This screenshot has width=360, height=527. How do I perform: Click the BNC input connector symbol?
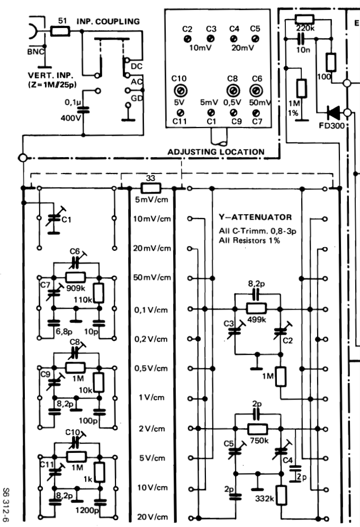coord(33,33)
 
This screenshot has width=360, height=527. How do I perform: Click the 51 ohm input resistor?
coord(60,31)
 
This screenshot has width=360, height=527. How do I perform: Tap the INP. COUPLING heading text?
coord(109,22)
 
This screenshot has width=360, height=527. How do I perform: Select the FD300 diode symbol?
coord(334,112)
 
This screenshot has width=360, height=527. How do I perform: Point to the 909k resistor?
coord(76,276)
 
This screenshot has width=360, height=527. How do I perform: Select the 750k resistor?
coord(258,429)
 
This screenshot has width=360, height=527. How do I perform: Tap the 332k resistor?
coord(282,496)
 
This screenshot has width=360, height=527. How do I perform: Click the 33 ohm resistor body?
coord(150,187)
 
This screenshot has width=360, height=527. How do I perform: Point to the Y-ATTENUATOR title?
coord(255,217)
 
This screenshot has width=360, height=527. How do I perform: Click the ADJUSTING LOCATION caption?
coord(215,152)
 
